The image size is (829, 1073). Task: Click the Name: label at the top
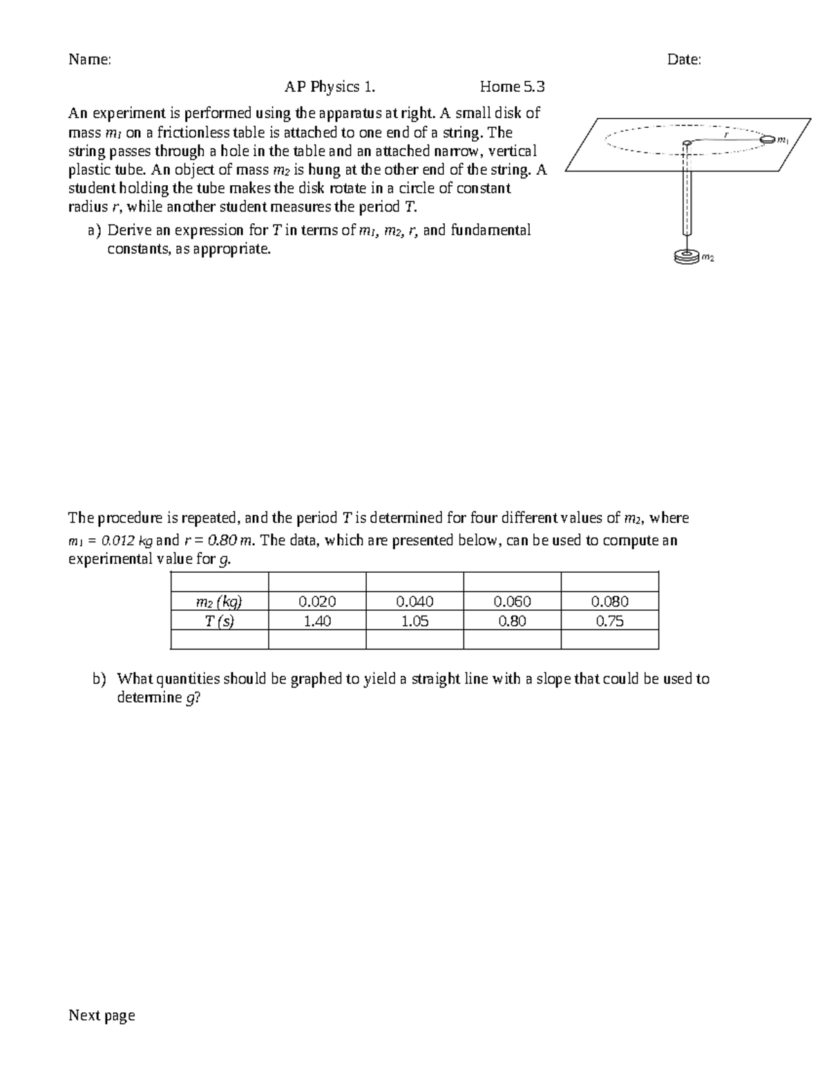89,60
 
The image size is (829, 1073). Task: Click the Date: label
684,60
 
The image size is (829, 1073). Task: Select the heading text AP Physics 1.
330,87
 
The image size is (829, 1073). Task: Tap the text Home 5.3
512,87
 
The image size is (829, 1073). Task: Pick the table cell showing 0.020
317,602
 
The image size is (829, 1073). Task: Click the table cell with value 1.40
317,621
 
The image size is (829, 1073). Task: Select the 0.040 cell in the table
414,602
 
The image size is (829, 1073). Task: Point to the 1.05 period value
414,621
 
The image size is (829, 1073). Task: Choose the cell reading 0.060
512,602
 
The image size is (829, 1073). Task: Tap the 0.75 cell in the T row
609,621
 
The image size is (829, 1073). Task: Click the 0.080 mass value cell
609,602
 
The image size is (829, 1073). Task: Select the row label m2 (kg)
219,602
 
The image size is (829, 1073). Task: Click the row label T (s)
219,621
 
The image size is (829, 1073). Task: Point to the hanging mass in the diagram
685,257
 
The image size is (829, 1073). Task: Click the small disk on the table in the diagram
767,140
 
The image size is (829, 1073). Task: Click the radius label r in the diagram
726,135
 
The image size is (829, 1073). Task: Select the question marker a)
95,231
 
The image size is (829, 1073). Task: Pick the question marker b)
99,679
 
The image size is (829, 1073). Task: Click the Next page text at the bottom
102,1015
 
